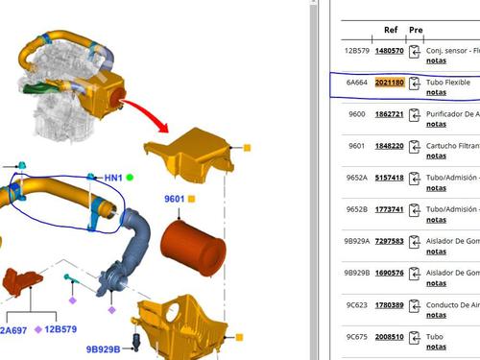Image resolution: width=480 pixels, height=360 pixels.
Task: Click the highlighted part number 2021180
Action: (389, 83)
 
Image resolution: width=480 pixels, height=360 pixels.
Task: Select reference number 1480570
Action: (389, 51)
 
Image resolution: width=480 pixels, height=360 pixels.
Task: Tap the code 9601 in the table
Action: (356, 146)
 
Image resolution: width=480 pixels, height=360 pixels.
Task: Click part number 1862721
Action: (389, 114)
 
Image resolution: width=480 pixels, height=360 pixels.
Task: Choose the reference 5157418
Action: (389, 178)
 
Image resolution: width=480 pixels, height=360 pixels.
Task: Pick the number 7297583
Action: (389, 242)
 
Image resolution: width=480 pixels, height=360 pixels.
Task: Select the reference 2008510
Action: (389, 337)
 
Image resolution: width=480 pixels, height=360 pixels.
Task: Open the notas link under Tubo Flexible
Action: (436, 93)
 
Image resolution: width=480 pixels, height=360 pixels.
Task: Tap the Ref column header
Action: (391, 30)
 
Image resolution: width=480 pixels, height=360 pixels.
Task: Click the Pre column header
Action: (415, 30)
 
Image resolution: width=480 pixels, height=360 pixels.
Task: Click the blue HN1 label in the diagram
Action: (113, 178)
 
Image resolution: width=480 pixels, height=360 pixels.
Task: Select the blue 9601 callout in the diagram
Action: (174, 199)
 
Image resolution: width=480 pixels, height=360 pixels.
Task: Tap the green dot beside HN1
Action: (130, 178)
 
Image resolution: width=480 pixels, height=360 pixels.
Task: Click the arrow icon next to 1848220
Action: (415, 146)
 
